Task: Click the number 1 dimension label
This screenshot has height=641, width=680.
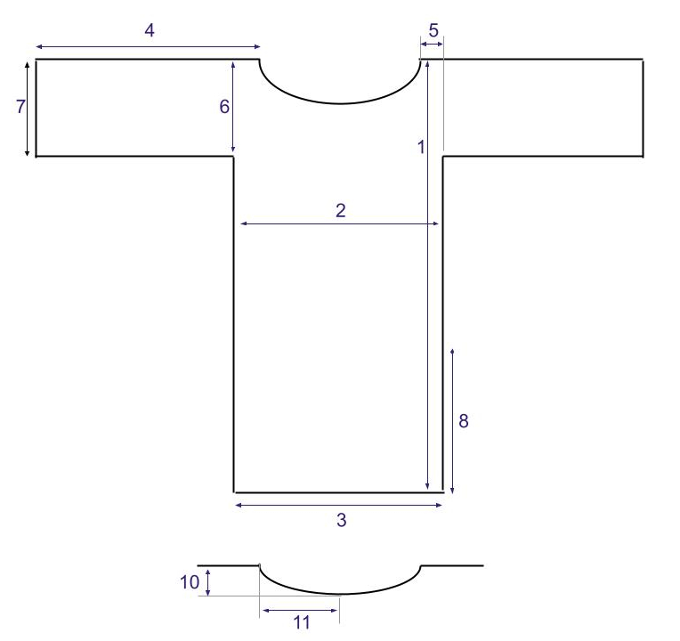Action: [421, 148]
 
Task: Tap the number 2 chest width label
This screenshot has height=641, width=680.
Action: [341, 210]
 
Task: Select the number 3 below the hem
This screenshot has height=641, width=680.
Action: [341, 520]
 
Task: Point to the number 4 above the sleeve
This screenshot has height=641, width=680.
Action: [150, 30]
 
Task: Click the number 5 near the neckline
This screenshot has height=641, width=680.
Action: [433, 30]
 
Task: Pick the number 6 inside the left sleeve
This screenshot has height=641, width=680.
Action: [223, 107]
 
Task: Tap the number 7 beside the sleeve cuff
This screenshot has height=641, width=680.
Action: [20, 107]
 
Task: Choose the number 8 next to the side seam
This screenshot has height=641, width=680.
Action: [463, 421]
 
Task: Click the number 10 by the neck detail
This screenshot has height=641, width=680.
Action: [190, 582]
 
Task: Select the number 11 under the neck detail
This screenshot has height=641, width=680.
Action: [302, 623]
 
